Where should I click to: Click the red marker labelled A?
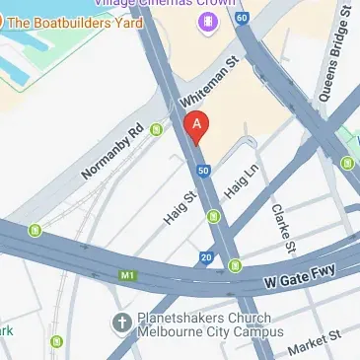[197, 127]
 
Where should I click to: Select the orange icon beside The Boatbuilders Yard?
[8, 22]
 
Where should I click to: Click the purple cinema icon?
[206, 22]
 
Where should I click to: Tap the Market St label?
[315, 344]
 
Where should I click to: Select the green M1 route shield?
[126, 274]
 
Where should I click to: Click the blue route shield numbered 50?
[203, 171]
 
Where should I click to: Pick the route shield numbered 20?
[205, 258]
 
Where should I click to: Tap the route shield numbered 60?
[242, 19]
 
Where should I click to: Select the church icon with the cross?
[121, 323]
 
